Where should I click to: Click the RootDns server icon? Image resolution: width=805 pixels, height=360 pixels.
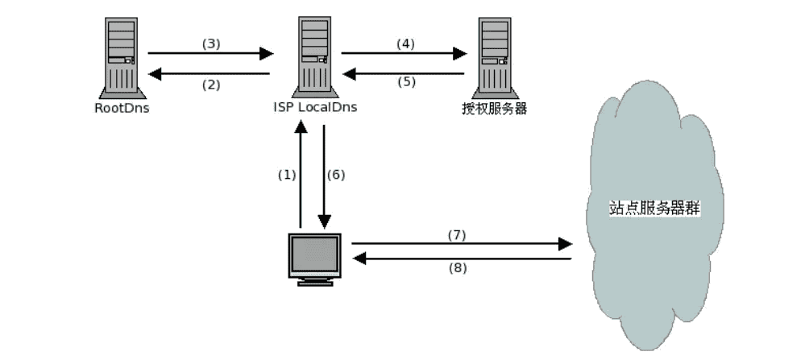point(121,56)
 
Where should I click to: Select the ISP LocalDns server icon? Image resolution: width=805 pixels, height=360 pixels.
point(314,56)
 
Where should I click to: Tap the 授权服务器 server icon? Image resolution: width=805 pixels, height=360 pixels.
point(495,56)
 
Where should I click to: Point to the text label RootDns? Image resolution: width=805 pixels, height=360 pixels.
point(121,108)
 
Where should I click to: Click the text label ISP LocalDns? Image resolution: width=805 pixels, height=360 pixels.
point(314,108)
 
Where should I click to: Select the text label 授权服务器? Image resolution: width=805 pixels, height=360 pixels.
point(496,108)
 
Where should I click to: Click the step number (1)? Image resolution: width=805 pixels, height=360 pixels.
point(287,175)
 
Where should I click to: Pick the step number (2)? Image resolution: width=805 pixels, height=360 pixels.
point(210,86)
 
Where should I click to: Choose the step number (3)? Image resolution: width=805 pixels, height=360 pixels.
point(210,43)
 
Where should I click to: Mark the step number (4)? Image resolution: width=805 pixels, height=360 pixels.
point(405,43)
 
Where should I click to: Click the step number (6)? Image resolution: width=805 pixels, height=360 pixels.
point(336,175)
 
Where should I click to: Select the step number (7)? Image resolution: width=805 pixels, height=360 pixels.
point(457,234)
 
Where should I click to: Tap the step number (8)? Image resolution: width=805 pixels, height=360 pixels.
point(457,268)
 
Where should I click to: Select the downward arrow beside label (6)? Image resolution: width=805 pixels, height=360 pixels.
point(324,177)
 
